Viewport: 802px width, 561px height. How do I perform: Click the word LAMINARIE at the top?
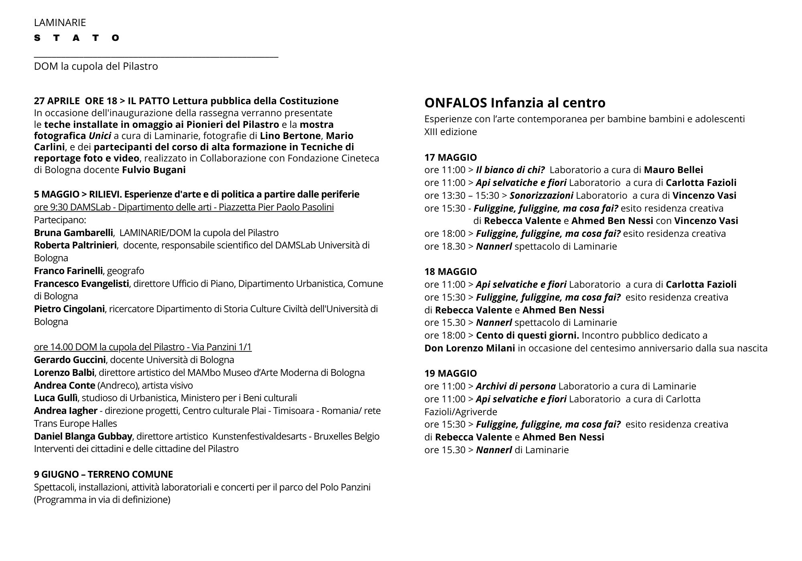click(x=60, y=22)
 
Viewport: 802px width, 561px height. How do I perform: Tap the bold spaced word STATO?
click(x=77, y=38)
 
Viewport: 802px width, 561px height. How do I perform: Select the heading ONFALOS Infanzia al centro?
click(x=515, y=103)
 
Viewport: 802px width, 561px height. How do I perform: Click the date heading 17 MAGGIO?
click(x=450, y=157)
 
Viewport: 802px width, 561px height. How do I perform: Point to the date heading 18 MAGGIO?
click(x=450, y=272)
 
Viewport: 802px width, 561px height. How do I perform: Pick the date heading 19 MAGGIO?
click(x=450, y=373)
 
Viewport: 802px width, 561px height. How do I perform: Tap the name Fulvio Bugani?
click(x=154, y=170)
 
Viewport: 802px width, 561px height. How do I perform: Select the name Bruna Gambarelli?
click(x=73, y=233)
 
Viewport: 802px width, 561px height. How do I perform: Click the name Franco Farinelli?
click(x=68, y=271)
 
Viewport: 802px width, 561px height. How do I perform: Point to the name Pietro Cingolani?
click(x=69, y=309)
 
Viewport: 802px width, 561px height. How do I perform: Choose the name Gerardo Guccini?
click(x=70, y=360)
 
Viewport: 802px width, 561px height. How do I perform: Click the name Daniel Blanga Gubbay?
click(x=83, y=436)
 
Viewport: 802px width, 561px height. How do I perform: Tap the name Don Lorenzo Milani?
click(x=470, y=348)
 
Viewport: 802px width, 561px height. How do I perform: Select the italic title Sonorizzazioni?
click(x=541, y=196)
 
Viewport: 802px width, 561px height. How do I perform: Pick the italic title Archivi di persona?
click(x=516, y=386)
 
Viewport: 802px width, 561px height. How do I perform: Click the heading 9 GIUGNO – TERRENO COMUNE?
click(x=103, y=474)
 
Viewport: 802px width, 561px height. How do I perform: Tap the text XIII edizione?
click(x=451, y=132)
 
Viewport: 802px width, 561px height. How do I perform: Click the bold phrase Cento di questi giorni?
click(x=527, y=335)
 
